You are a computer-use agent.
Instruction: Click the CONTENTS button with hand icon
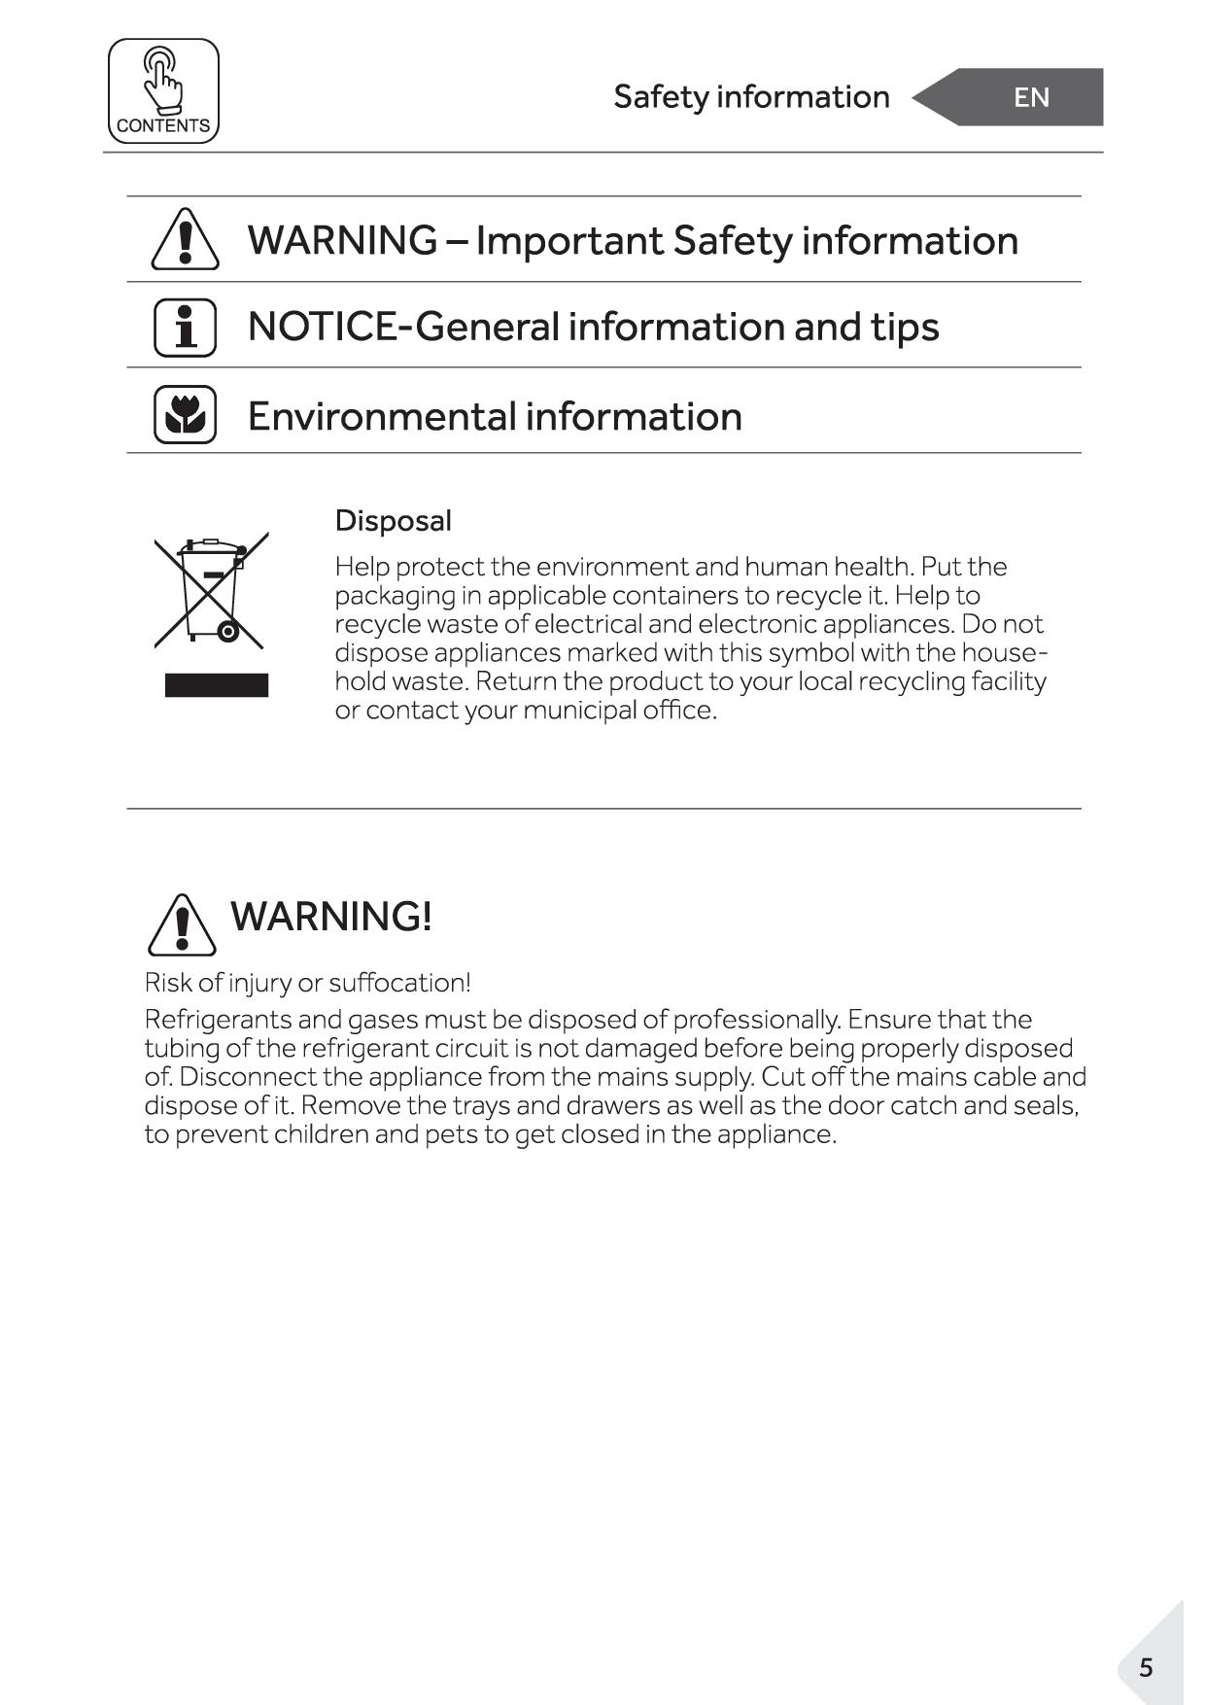[x=163, y=91]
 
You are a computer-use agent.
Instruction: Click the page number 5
[x=1146, y=1668]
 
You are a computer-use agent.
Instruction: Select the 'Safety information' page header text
[x=751, y=97]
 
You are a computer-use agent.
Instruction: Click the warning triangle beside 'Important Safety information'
[x=185, y=239]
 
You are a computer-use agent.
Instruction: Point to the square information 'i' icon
[x=185, y=328]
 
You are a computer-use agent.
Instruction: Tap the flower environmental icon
[x=185, y=415]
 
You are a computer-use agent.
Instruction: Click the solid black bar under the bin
[x=216, y=685]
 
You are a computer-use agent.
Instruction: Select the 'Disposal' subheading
[x=393, y=521]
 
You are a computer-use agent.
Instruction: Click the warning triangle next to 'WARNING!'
[x=182, y=924]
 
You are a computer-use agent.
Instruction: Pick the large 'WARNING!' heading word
[x=331, y=917]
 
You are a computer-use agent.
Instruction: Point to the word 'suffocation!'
[x=399, y=983]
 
